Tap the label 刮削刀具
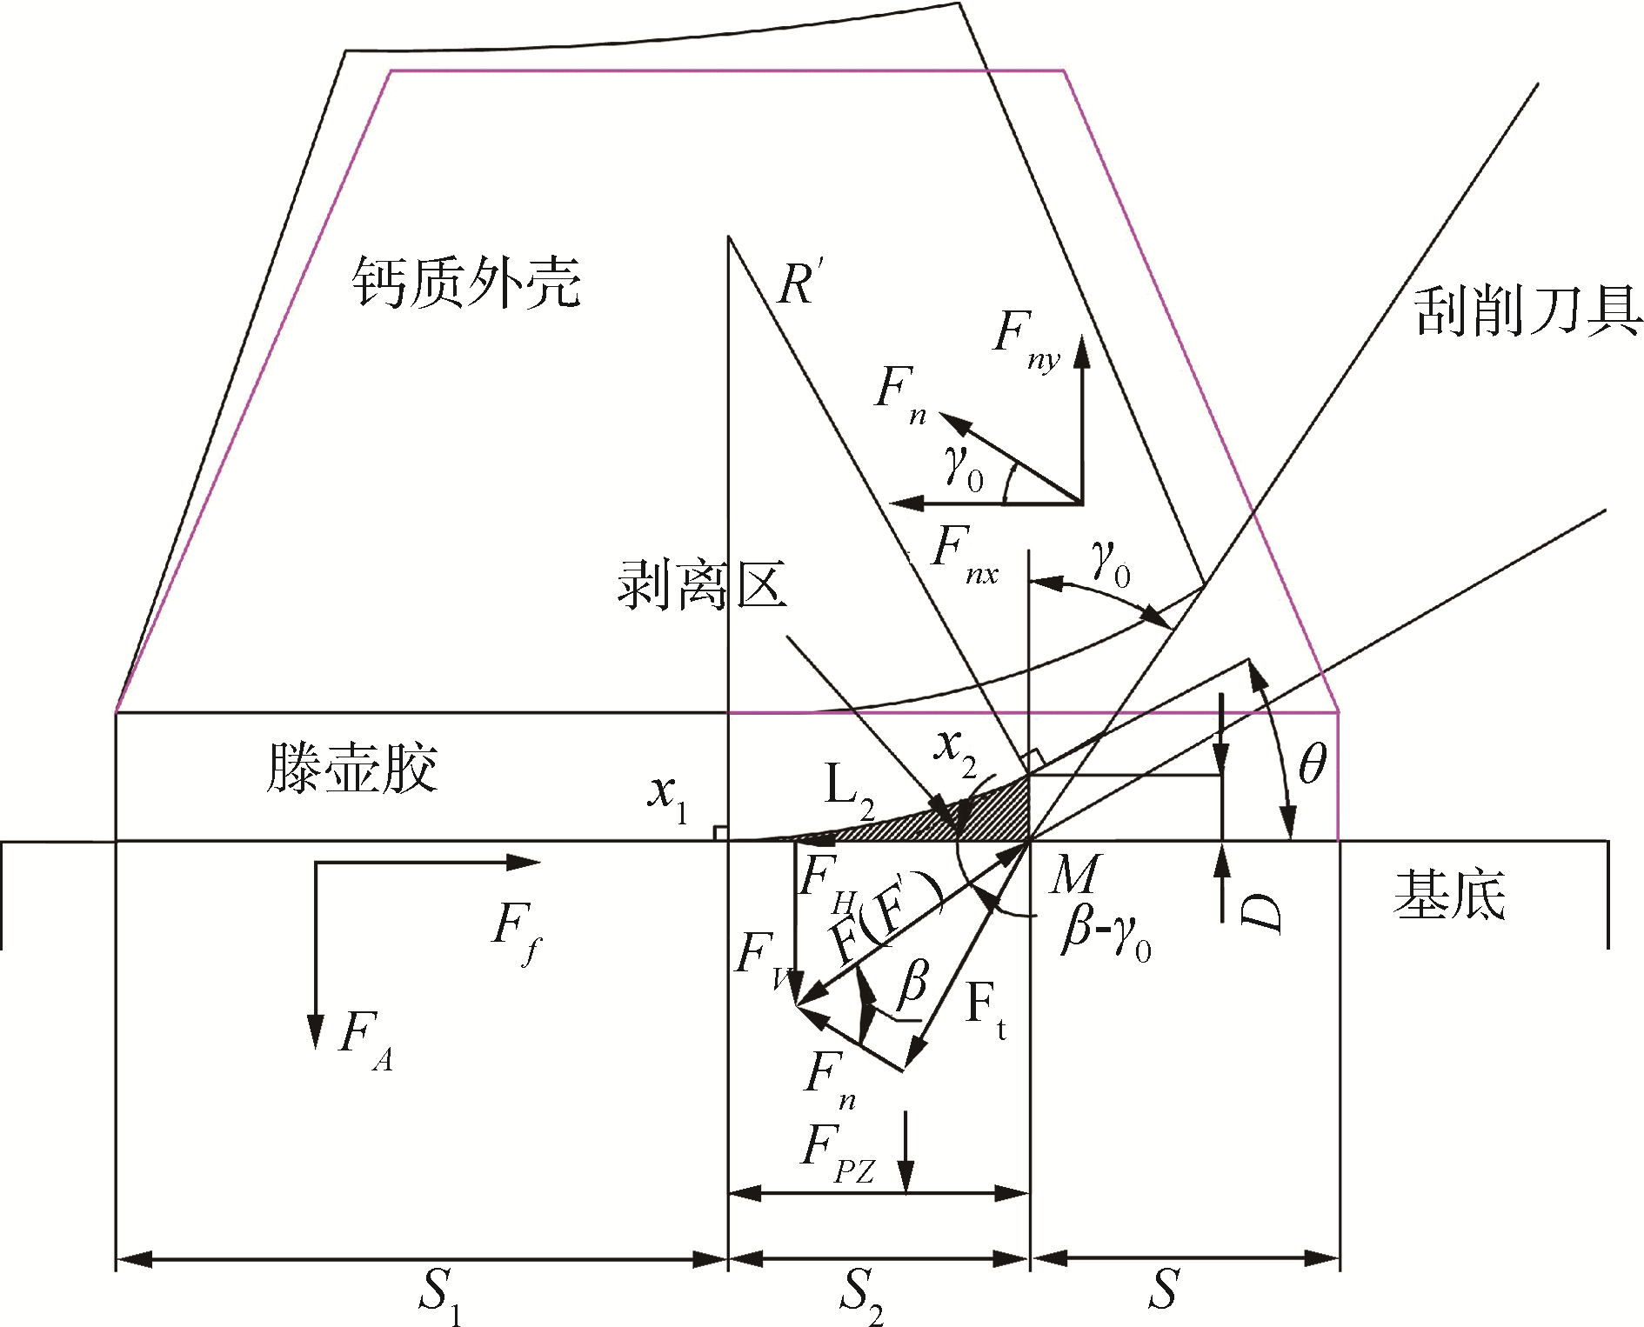(x=1527, y=311)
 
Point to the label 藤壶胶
(x=351, y=768)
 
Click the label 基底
(x=1449, y=896)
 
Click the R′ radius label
(x=799, y=283)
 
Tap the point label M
(x=1075, y=875)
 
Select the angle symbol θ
(x=1312, y=765)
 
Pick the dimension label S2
(x=861, y=1294)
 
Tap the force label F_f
(x=515, y=930)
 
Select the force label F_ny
(x=1026, y=339)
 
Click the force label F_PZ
(x=837, y=1153)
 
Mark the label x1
(x=668, y=797)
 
